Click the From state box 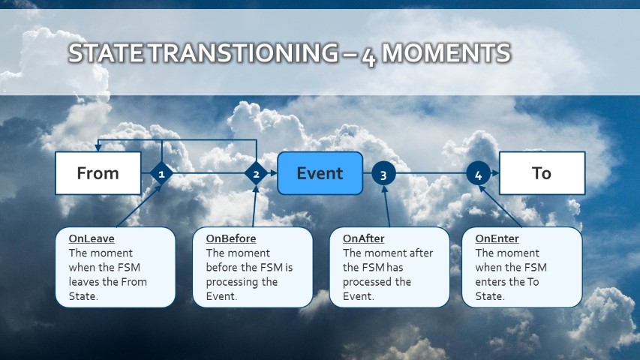pos(98,173)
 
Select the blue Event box pos(320,173)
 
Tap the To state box pos(542,173)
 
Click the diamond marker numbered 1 pos(161,174)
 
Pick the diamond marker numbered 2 pos(256,174)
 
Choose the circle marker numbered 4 pos(478,174)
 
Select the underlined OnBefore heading pos(231,239)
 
